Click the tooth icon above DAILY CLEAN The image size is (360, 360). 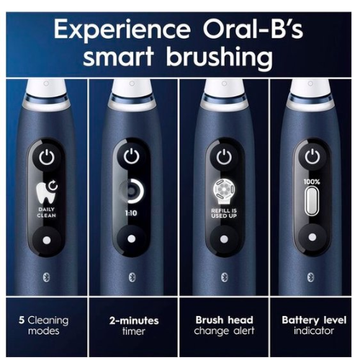coord(45,191)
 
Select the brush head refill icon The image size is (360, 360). coord(222,189)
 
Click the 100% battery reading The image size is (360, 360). coord(311,183)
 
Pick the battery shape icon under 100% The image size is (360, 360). coord(311,204)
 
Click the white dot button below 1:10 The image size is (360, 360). coord(131,240)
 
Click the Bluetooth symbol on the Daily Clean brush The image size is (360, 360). coord(45,277)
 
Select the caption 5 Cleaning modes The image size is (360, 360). coord(45,325)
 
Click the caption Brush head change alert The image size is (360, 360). coord(222,325)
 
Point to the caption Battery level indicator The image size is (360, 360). coord(311,325)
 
